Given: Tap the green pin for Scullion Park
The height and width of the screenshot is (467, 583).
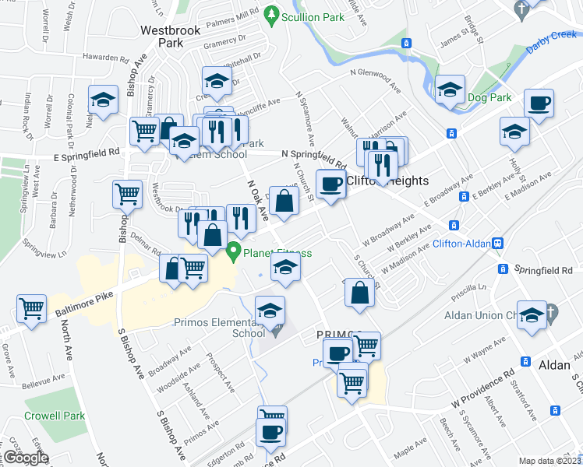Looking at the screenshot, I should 271,13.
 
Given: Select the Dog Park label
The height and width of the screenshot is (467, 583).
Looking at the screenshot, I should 489,97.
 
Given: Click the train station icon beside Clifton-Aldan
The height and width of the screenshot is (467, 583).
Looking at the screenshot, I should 497,243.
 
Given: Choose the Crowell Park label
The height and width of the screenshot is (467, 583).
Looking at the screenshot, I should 55,416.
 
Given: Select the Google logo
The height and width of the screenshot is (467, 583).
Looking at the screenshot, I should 26,458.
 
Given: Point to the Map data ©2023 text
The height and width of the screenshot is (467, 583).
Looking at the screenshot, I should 549,461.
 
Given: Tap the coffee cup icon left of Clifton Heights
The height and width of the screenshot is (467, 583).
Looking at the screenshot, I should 330,184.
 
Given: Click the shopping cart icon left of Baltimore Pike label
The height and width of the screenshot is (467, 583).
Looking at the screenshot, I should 32,308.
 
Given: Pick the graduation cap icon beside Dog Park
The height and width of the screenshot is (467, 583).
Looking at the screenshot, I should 450,90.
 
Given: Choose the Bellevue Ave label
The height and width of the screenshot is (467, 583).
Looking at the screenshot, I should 44,379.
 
